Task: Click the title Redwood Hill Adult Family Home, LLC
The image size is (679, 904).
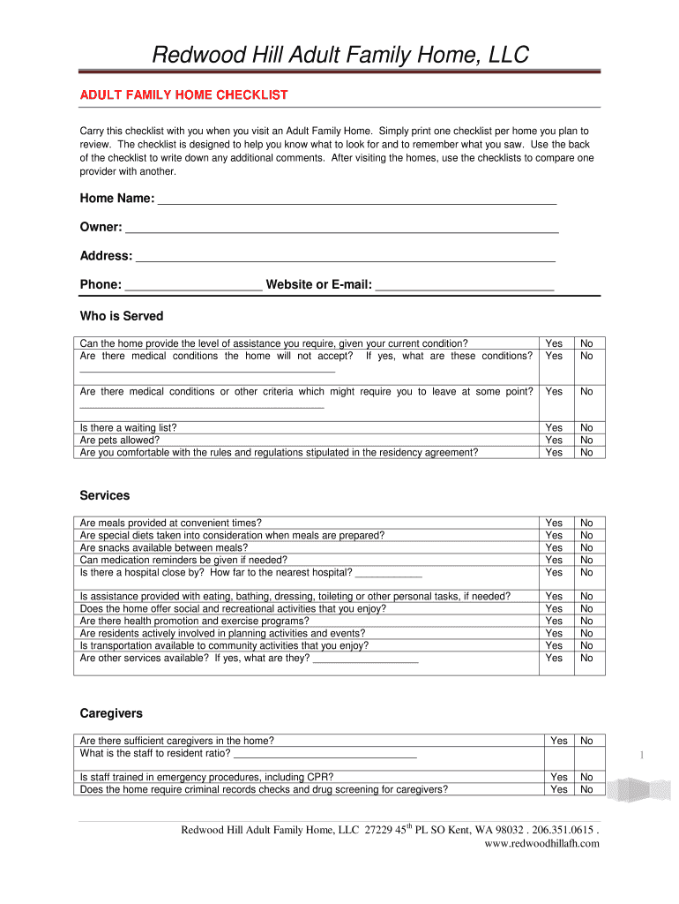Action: click(x=340, y=56)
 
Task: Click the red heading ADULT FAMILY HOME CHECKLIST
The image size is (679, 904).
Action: click(x=183, y=94)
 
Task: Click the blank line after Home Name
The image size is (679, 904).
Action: click(x=356, y=202)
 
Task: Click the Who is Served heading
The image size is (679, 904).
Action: click(x=122, y=316)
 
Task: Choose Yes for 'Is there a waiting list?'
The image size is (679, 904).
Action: click(x=554, y=427)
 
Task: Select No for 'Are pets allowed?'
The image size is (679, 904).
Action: click(x=586, y=440)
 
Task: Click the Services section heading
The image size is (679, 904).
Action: click(x=105, y=496)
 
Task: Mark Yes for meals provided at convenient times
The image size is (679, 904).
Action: click(x=554, y=523)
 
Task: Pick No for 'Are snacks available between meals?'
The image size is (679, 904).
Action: click(x=586, y=547)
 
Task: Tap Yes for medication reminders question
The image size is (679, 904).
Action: click(x=554, y=560)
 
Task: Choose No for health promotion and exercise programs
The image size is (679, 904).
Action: click(x=586, y=621)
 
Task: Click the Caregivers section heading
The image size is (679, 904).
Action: click(x=111, y=713)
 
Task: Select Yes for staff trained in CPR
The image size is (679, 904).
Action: click(x=559, y=777)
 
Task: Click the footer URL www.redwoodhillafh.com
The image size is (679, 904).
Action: click(x=542, y=843)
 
